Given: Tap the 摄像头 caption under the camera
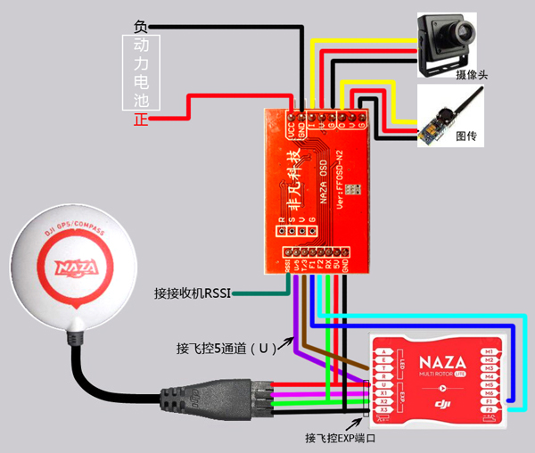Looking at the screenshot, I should click(471, 75).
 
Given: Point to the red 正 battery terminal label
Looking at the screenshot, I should click(140, 119).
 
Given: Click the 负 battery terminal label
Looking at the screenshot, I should click(140, 26).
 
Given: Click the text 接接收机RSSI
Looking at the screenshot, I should click(193, 292).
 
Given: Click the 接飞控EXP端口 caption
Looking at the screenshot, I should click(341, 439).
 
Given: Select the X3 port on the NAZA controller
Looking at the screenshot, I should click(384, 410).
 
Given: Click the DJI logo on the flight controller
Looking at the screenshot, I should click(440, 408).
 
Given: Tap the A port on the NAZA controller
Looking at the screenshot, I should click(384, 352).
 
